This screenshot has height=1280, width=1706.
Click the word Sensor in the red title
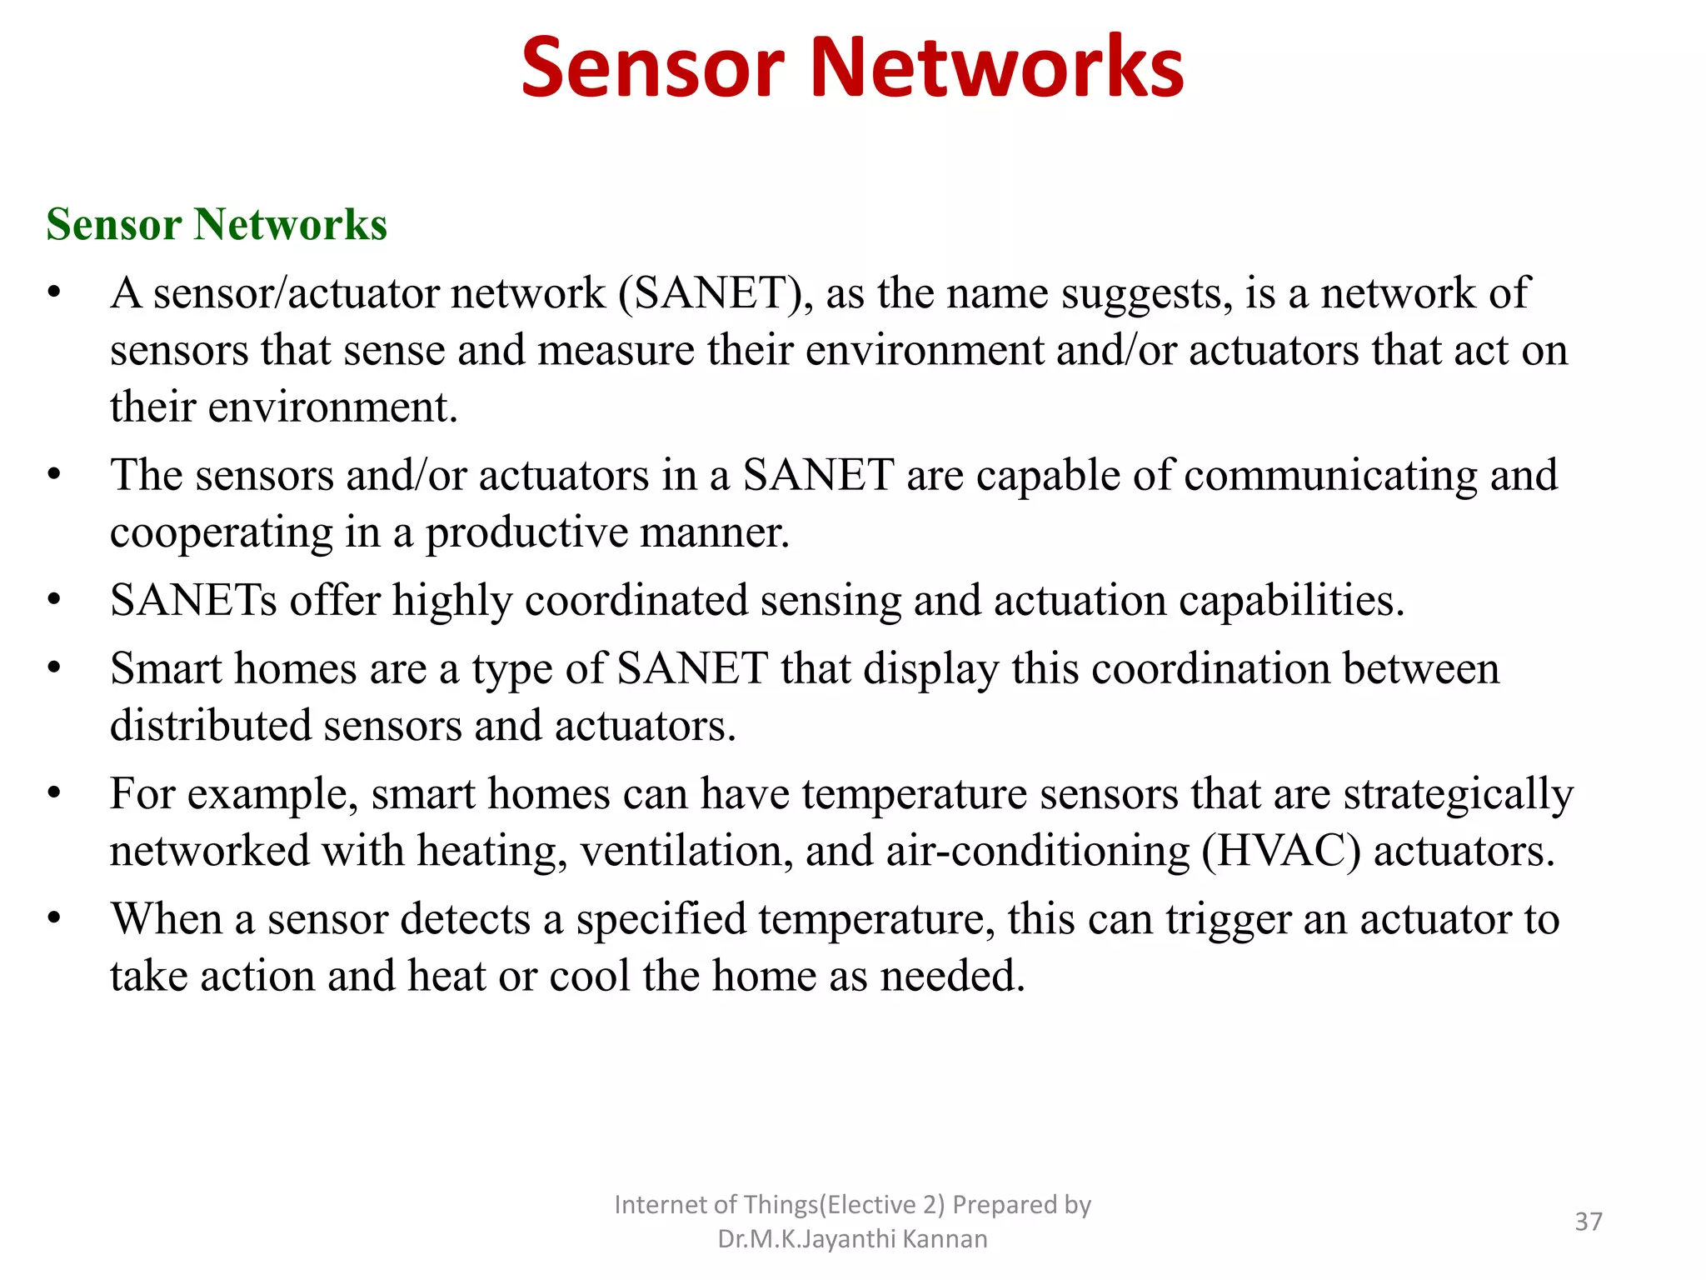[652, 68]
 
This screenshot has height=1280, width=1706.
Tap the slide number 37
[1589, 1222]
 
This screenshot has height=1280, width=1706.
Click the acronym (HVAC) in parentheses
[1280, 852]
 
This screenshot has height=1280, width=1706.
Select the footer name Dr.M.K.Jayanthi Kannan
[852, 1239]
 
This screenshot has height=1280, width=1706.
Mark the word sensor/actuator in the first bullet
[296, 294]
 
